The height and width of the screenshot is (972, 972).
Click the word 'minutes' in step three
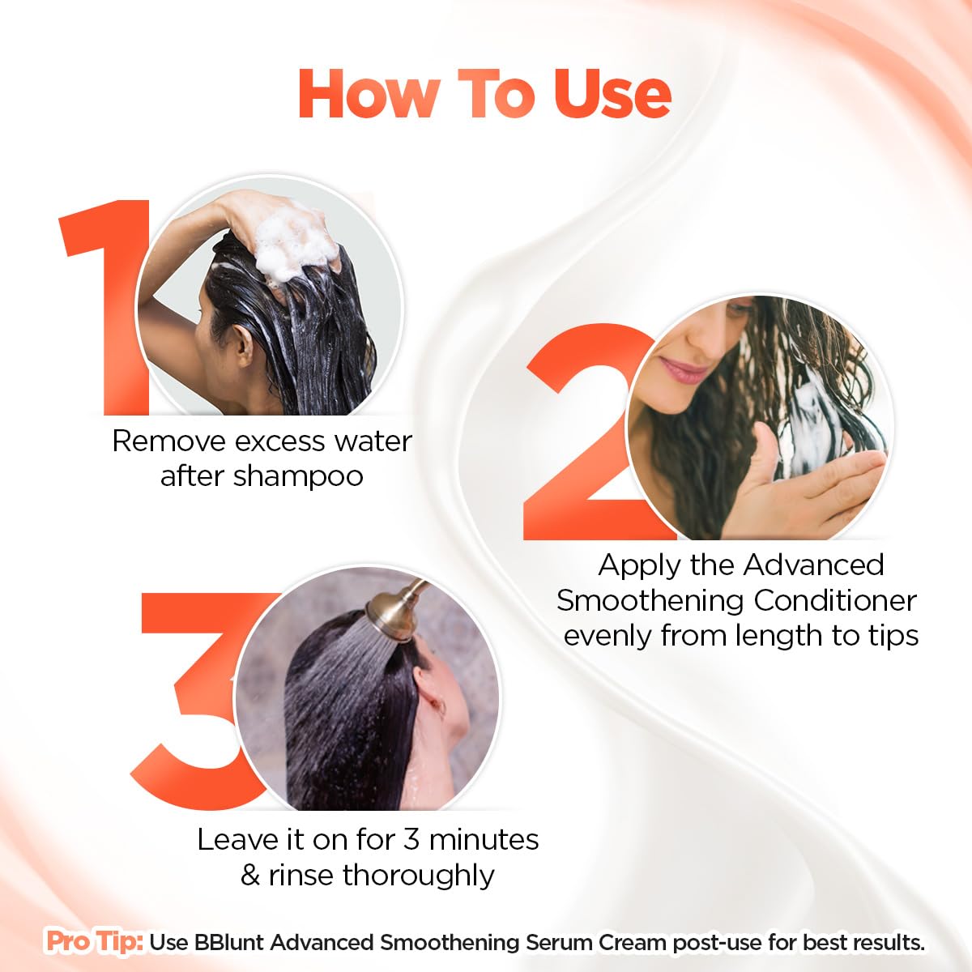coord(484,839)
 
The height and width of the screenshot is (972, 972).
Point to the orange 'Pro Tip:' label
coord(95,942)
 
